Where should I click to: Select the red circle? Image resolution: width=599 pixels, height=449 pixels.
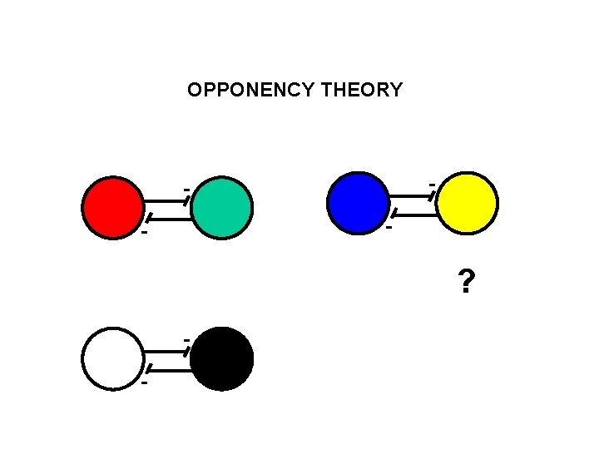pyautogui.click(x=113, y=207)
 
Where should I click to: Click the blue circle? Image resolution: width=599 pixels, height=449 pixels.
pyautogui.click(x=359, y=202)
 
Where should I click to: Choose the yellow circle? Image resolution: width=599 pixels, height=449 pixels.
pyautogui.click(x=467, y=202)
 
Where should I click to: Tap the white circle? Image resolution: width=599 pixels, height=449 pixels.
pyautogui.click(x=113, y=358)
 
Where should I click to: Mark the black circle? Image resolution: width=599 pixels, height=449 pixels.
pyautogui.click(x=222, y=358)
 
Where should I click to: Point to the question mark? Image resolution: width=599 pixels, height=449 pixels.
pyautogui.click(x=467, y=284)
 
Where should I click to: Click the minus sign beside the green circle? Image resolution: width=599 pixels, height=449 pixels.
pyautogui.click(x=187, y=190)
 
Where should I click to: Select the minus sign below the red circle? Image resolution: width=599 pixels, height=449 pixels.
pyautogui.click(x=145, y=233)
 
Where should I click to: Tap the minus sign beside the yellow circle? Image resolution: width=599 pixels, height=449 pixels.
pyautogui.click(x=432, y=183)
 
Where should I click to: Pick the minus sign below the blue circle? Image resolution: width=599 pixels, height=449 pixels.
pyautogui.click(x=389, y=226)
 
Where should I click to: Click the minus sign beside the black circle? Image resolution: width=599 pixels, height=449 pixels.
pyautogui.click(x=187, y=341)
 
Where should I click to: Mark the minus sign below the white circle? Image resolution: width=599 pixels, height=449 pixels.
pyautogui.click(x=145, y=383)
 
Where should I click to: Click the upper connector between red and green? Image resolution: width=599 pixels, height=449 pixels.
pyautogui.click(x=167, y=200)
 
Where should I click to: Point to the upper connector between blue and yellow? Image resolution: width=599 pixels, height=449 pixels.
pyautogui.click(x=411, y=195)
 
